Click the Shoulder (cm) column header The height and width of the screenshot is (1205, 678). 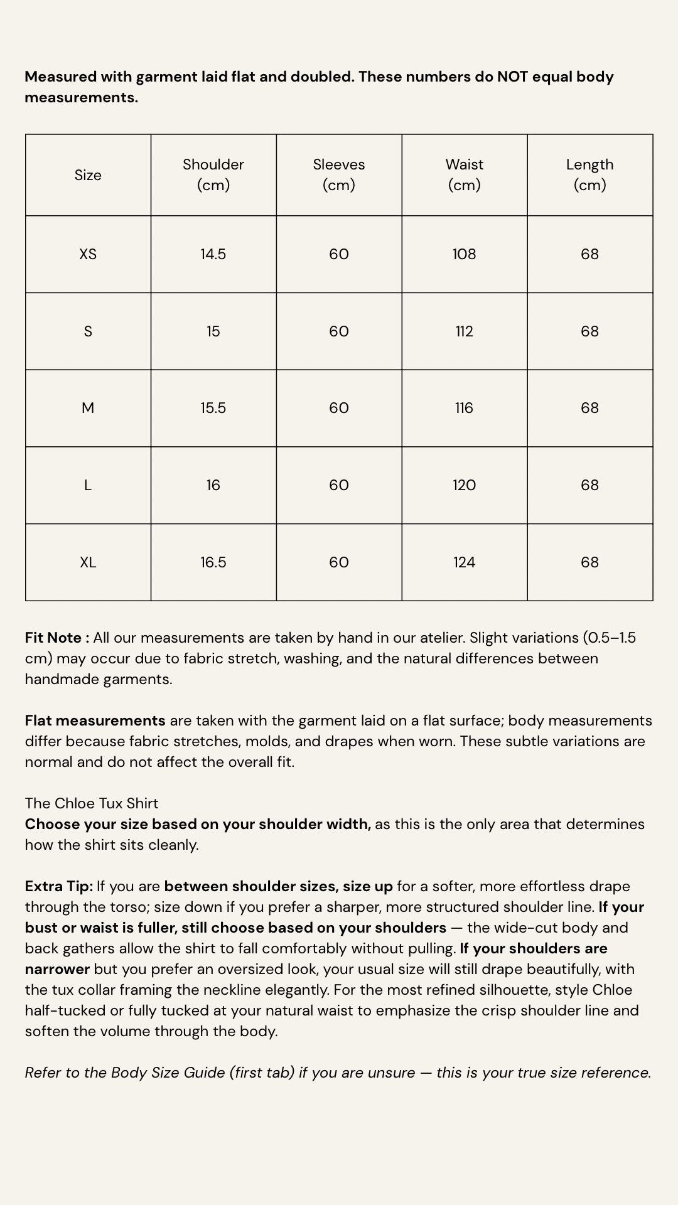pyautogui.click(x=213, y=174)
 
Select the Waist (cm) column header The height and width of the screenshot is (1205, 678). pyautogui.click(x=465, y=174)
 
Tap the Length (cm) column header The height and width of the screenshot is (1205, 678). pyautogui.click(x=589, y=174)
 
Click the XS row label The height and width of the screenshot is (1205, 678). pyautogui.click(x=88, y=254)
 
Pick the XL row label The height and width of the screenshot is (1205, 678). pyautogui.click(x=88, y=562)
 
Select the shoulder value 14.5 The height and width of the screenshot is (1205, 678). pyautogui.click(x=213, y=254)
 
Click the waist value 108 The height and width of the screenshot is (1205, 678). pyautogui.click(x=465, y=254)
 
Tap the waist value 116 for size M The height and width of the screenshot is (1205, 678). pyautogui.click(x=465, y=408)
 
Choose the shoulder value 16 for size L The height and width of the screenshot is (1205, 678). pyautogui.click(x=213, y=485)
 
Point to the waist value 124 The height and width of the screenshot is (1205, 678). pyautogui.click(x=465, y=562)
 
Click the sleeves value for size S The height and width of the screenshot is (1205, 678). pyautogui.click(x=339, y=331)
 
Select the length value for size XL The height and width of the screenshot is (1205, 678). pyautogui.click(x=589, y=562)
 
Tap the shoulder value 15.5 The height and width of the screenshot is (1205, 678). pyautogui.click(x=213, y=408)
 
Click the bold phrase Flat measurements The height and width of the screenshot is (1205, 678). pyautogui.click(x=95, y=720)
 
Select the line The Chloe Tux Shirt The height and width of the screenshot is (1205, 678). pyautogui.click(x=92, y=803)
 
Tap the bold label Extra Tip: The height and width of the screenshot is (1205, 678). pyautogui.click(x=59, y=886)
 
